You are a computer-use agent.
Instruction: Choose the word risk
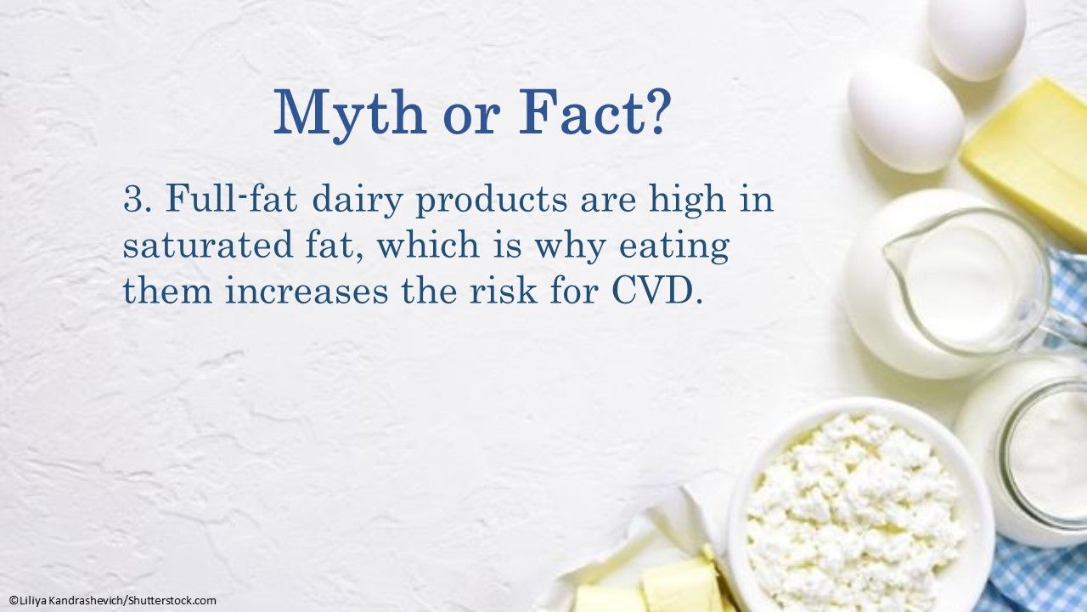[503, 292]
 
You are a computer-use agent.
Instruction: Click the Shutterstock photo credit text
[112, 601]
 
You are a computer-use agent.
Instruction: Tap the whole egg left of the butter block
[904, 113]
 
